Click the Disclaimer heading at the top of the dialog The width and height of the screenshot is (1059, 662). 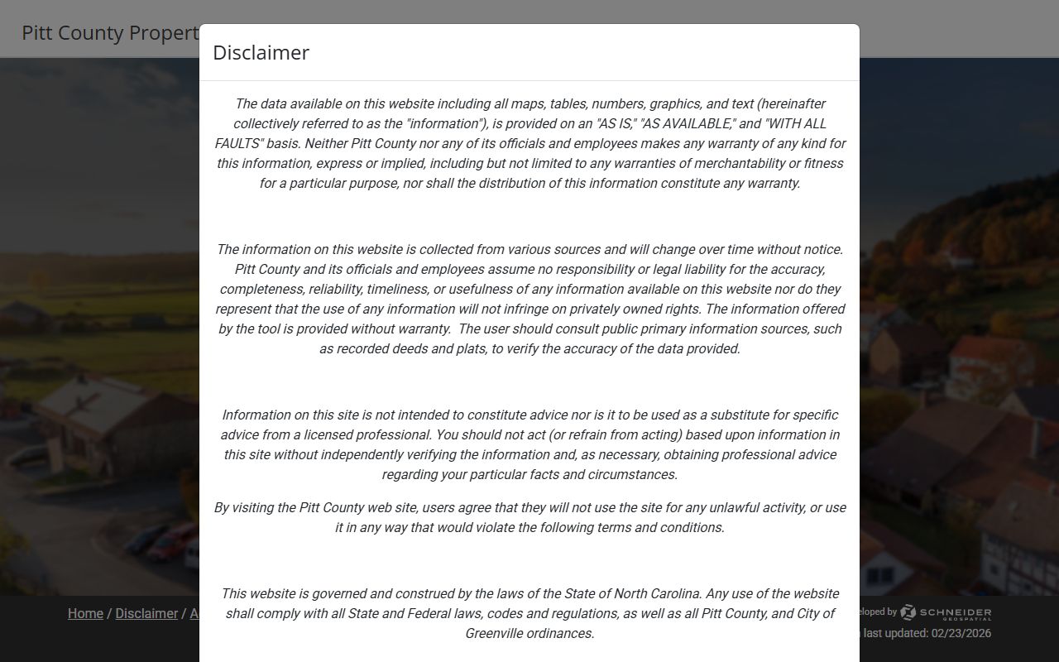click(261, 52)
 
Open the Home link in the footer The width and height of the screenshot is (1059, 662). click(85, 613)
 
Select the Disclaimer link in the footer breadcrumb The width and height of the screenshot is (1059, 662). click(146, 613)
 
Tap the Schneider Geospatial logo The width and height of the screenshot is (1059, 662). click(946, 613)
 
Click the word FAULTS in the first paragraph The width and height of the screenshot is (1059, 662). click(238, 143)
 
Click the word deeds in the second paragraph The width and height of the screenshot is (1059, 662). click(407, 348)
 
